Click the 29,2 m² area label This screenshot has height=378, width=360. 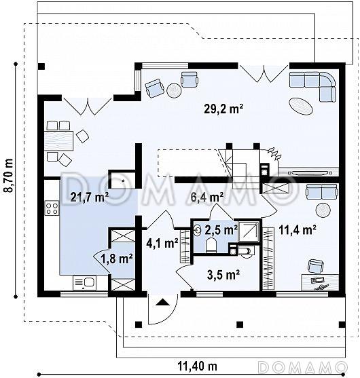pos(223,109)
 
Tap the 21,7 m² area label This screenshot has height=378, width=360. pos(90,197)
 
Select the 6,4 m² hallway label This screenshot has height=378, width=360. pos(206,197)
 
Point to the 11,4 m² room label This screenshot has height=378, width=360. pos(298,230)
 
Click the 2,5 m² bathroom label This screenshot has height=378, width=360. pos(221,230)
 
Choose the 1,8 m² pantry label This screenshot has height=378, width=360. pos(117,259)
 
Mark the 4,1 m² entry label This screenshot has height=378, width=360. pos(162,243)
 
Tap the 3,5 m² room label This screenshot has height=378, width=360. pos(223,275)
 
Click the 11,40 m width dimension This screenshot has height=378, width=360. pos(198,366)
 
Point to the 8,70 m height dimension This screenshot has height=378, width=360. pos(9,175)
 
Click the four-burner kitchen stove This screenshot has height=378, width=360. pos(52,208)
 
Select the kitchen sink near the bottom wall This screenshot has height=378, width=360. pos(84,283)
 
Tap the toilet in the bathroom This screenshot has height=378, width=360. pos(211,245)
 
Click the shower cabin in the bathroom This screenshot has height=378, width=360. pos(249,231)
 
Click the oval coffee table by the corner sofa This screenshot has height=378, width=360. pos(301,107)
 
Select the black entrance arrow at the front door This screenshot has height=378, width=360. pos(162,302)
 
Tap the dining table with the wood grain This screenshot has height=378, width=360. pos(59,140)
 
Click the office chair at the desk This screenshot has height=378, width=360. pos(316,267)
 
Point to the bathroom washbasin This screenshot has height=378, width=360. pos(198,229)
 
